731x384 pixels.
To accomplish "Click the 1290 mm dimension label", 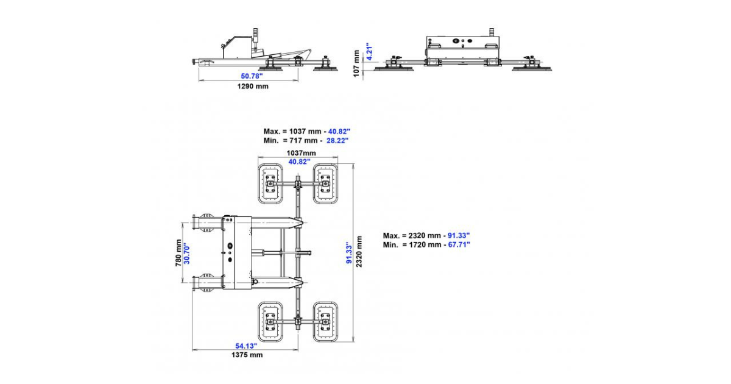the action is click(253, 87).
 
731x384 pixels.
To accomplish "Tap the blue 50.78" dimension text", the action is click(252, 76).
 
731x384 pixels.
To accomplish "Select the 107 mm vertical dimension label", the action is click(356, 63).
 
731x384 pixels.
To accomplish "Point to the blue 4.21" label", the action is click(369, 51).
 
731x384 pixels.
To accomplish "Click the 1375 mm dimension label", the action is click(247, 355).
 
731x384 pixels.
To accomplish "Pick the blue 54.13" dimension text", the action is click(246, 346).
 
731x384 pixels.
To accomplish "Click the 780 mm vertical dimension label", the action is click(178, 253).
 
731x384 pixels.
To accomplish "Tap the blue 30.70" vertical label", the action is click(186, 253).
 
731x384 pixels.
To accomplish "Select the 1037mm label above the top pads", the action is click(301, 153).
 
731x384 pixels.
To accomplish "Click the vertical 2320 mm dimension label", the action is click(359, 251).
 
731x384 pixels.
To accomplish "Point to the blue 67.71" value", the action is click(459, 244).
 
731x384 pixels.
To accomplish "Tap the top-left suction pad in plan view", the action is click(270, 184).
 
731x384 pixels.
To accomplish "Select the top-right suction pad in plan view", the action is click(325, 184).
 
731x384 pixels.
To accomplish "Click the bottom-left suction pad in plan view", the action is click(270, 322).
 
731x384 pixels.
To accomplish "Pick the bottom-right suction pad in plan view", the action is click(325, 322).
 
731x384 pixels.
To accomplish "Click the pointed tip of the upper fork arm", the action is click(303, 223).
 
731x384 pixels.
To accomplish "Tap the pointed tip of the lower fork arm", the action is click(303, 282).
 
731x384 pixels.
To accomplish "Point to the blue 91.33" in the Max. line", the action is click(459, 235).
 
